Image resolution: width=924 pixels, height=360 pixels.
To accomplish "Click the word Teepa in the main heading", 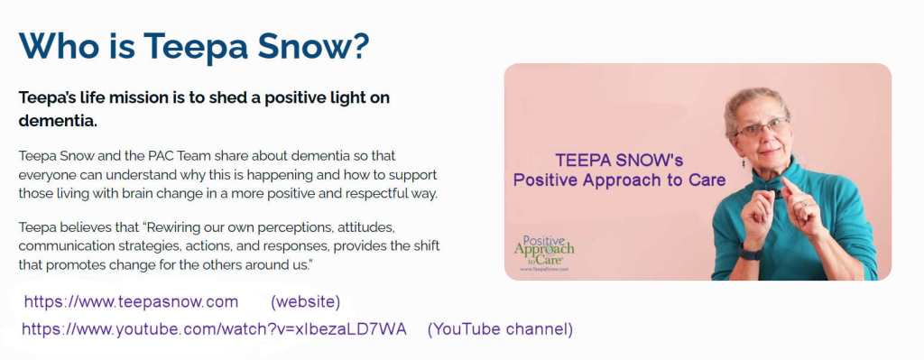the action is pyautogui.click(x=195, y=46).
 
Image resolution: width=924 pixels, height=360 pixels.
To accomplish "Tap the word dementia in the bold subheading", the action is pyautogui.click(x=57, y=122).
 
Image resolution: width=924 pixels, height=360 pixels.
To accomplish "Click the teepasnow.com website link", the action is pyautogui.click(x=131, y=302).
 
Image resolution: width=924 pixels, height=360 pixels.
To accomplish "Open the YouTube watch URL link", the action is pyautogui.click(x=214, y=329).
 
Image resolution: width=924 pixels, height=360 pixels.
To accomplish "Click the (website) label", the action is pyautogui.click(x=305, y=302).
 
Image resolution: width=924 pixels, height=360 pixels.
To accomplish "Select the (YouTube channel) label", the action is pyautogui.click(x=500, y=329).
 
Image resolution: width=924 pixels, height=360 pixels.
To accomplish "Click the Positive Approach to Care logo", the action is pyautogui.click(x=543, y=253).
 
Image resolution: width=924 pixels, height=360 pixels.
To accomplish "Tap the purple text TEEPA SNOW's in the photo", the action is pyautogui.click(x=619, y=160).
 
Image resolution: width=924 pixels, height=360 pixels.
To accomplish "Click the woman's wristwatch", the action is pyautogui.click(x=751, y=254).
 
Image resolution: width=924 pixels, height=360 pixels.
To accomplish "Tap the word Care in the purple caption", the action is pyautogui.click(x=707, y=180).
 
